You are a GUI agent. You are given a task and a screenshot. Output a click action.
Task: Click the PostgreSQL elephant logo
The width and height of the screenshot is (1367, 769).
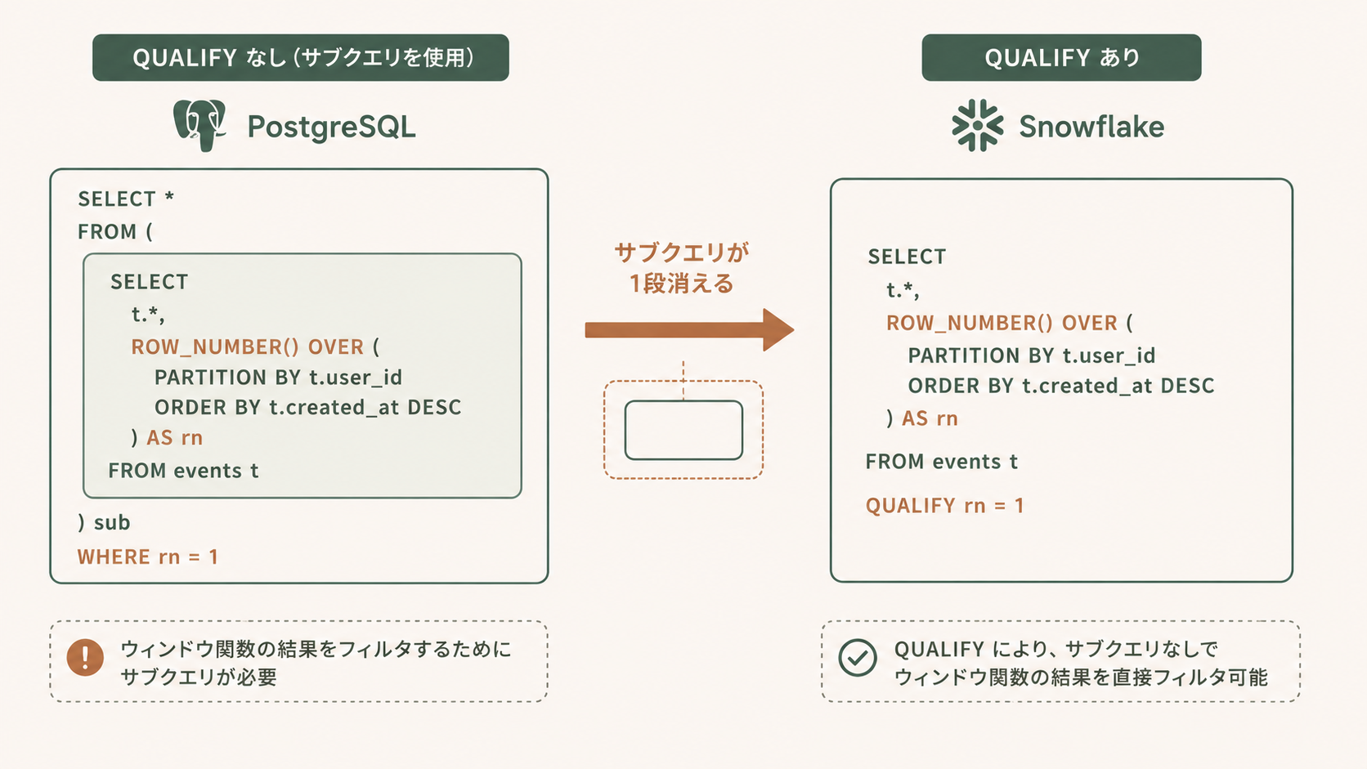point(199,126)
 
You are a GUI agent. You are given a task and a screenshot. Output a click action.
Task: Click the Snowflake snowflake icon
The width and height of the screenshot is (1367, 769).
point(978,126)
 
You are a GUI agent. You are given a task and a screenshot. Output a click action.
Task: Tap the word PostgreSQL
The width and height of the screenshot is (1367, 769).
point(331,127)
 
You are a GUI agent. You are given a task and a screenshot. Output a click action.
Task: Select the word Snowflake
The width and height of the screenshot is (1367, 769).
point(1091,127)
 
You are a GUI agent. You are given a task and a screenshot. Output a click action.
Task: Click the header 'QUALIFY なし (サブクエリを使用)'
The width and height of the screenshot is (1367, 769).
point(301,58)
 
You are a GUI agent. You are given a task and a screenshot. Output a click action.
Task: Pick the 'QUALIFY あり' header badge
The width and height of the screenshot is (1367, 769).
point(1062,58)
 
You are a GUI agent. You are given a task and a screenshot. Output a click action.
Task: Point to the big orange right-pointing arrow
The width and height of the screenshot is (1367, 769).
point(689,330)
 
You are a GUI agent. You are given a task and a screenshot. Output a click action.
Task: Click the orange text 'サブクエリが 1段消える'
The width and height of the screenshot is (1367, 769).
point(682,268)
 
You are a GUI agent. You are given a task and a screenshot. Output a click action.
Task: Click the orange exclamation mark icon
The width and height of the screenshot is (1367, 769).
point(85,657)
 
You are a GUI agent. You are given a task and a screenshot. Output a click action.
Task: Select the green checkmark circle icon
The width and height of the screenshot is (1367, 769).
point(858,658)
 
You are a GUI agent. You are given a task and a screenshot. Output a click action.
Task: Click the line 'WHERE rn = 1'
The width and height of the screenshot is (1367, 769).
point(148,557)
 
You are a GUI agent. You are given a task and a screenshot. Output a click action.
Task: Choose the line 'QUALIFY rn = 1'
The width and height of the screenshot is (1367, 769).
point(944,506)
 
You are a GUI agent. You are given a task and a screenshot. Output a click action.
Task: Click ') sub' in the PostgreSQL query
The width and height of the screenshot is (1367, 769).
point(104,523)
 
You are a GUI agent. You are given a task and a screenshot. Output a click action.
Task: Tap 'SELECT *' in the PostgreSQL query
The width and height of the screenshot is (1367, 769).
point(126,199)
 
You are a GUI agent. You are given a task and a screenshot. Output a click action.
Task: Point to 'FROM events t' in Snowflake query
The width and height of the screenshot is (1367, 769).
point(942,462)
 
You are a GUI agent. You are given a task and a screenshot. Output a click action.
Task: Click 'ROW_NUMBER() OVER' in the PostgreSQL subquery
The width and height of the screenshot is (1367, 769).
point(247,347)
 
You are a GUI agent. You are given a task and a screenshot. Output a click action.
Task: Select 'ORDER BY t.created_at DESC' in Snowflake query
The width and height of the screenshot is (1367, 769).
point(1061,386)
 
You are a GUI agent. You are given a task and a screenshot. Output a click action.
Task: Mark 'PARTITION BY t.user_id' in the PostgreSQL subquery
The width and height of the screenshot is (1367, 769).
point(278,378)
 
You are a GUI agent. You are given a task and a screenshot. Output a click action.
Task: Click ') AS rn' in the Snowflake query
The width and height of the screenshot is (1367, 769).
point(922,418)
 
